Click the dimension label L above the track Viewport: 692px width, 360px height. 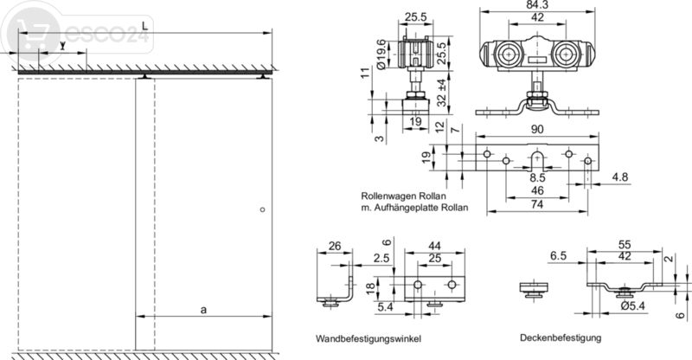[144, 28]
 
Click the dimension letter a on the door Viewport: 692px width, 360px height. [202, 308]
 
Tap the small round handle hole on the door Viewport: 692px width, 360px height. [263, 209]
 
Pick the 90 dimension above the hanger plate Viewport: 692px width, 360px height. [537, 130]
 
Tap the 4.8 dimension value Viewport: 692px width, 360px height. [618, 178]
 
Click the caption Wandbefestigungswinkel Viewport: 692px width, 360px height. [363, 337]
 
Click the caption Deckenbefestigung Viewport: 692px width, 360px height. [561, 337]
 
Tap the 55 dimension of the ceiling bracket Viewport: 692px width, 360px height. [624, 246]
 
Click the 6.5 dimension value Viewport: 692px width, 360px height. [558, 257]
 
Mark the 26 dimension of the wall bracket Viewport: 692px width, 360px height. [334, 247]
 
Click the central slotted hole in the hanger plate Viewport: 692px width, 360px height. [537, 157]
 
